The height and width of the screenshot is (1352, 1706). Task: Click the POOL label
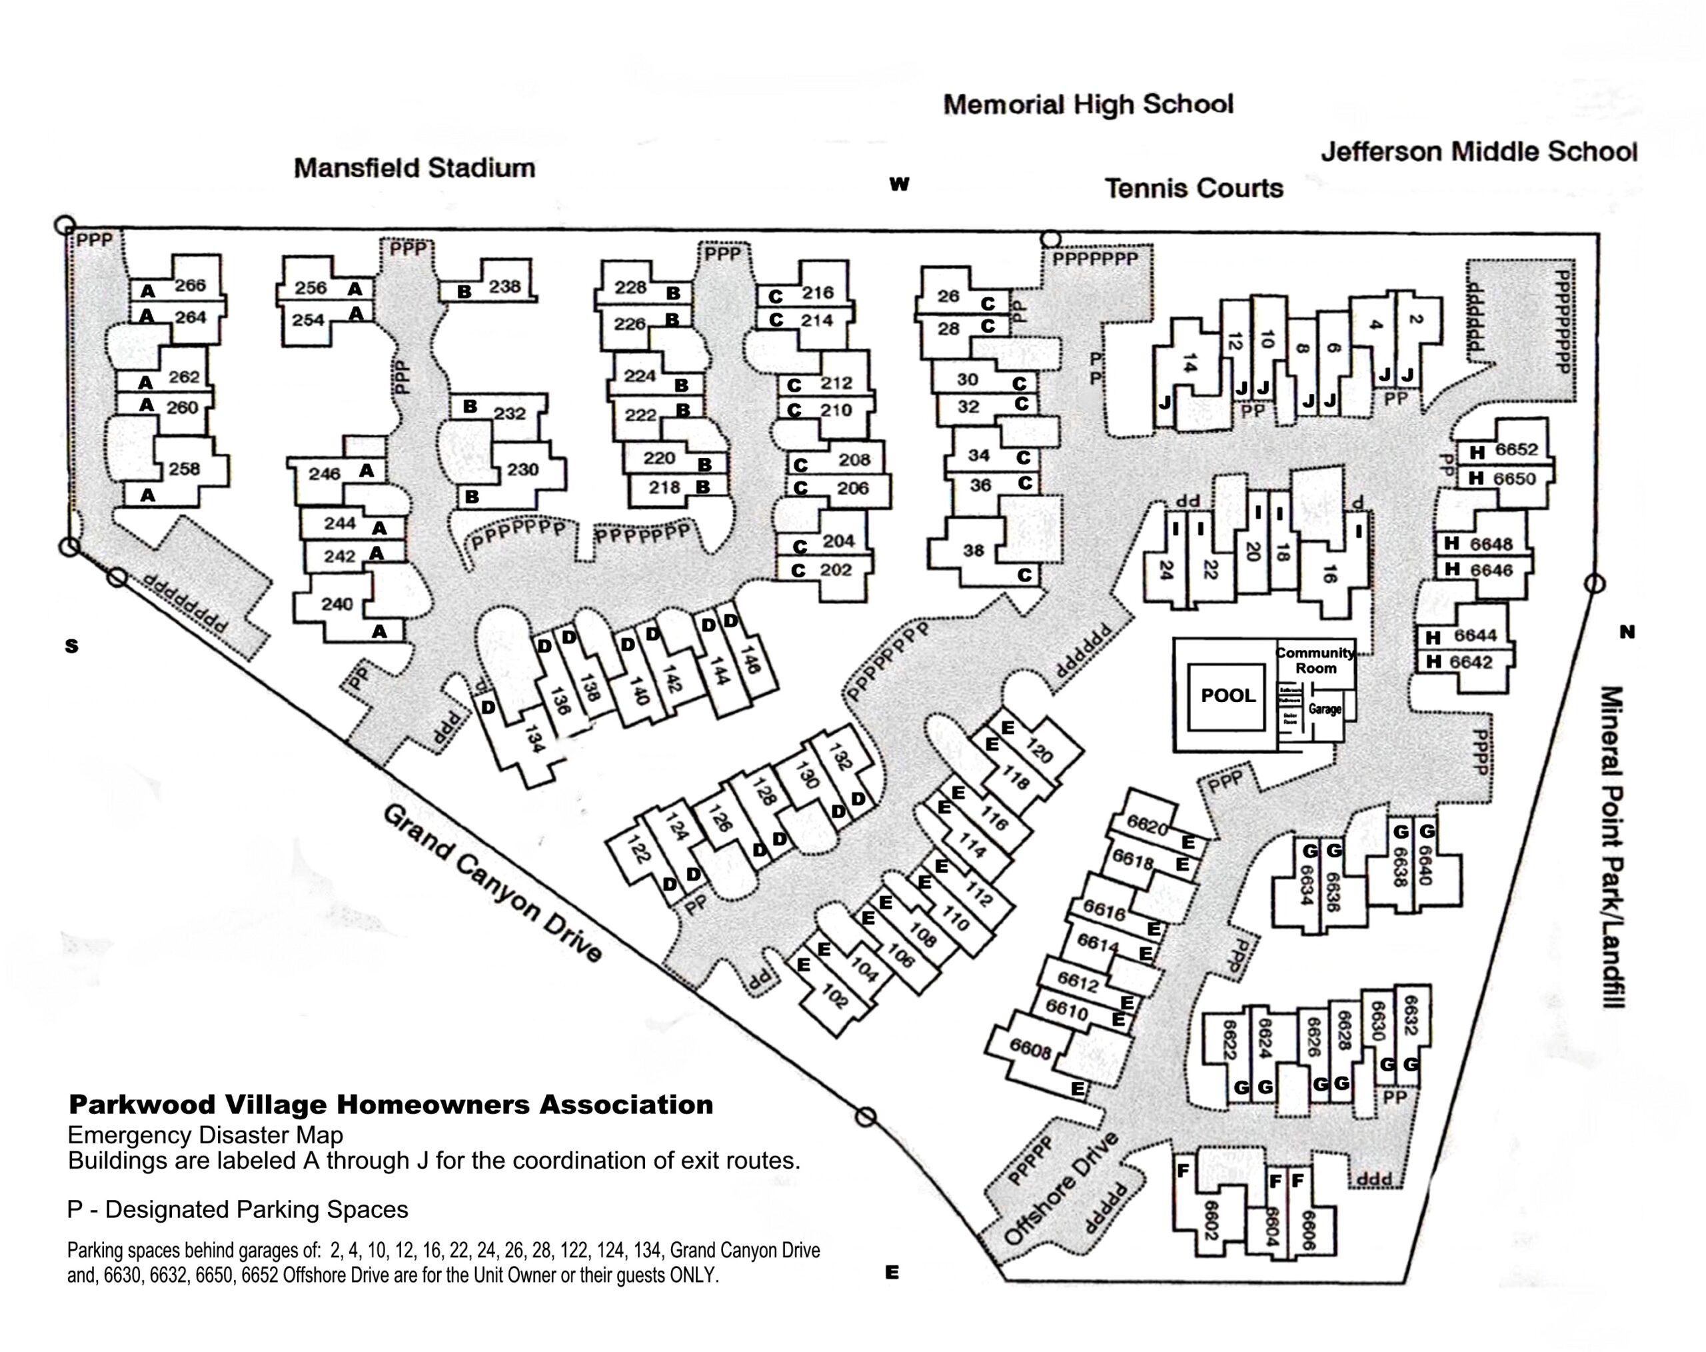pos(1228,696)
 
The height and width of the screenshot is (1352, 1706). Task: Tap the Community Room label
pos(1315,660)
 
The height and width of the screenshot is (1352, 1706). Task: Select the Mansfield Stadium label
pos(415,168)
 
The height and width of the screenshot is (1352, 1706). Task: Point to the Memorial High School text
pos(1088,104)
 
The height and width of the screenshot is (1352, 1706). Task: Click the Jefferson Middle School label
pos(1478,151)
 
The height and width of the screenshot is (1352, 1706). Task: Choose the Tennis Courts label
pos(1194,189)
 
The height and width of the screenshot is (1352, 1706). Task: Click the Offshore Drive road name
pos(1061,1188)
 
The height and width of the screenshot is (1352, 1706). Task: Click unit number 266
pos(190,285)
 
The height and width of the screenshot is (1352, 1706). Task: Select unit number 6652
pos(1516,449)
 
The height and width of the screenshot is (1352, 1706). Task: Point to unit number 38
pos(973,549)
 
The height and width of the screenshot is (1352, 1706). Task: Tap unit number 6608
pos(1030,1049)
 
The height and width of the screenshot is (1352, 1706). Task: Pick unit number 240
pos(337,604)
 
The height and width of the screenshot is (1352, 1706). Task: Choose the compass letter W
pos(899,185)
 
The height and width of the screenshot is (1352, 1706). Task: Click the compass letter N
pos(1627,632)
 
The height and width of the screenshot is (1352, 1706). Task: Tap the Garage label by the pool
pos(1325,709)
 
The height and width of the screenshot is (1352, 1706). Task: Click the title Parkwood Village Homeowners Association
pos(391,1104)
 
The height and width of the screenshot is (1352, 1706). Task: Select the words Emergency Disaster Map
pos(205,1135)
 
